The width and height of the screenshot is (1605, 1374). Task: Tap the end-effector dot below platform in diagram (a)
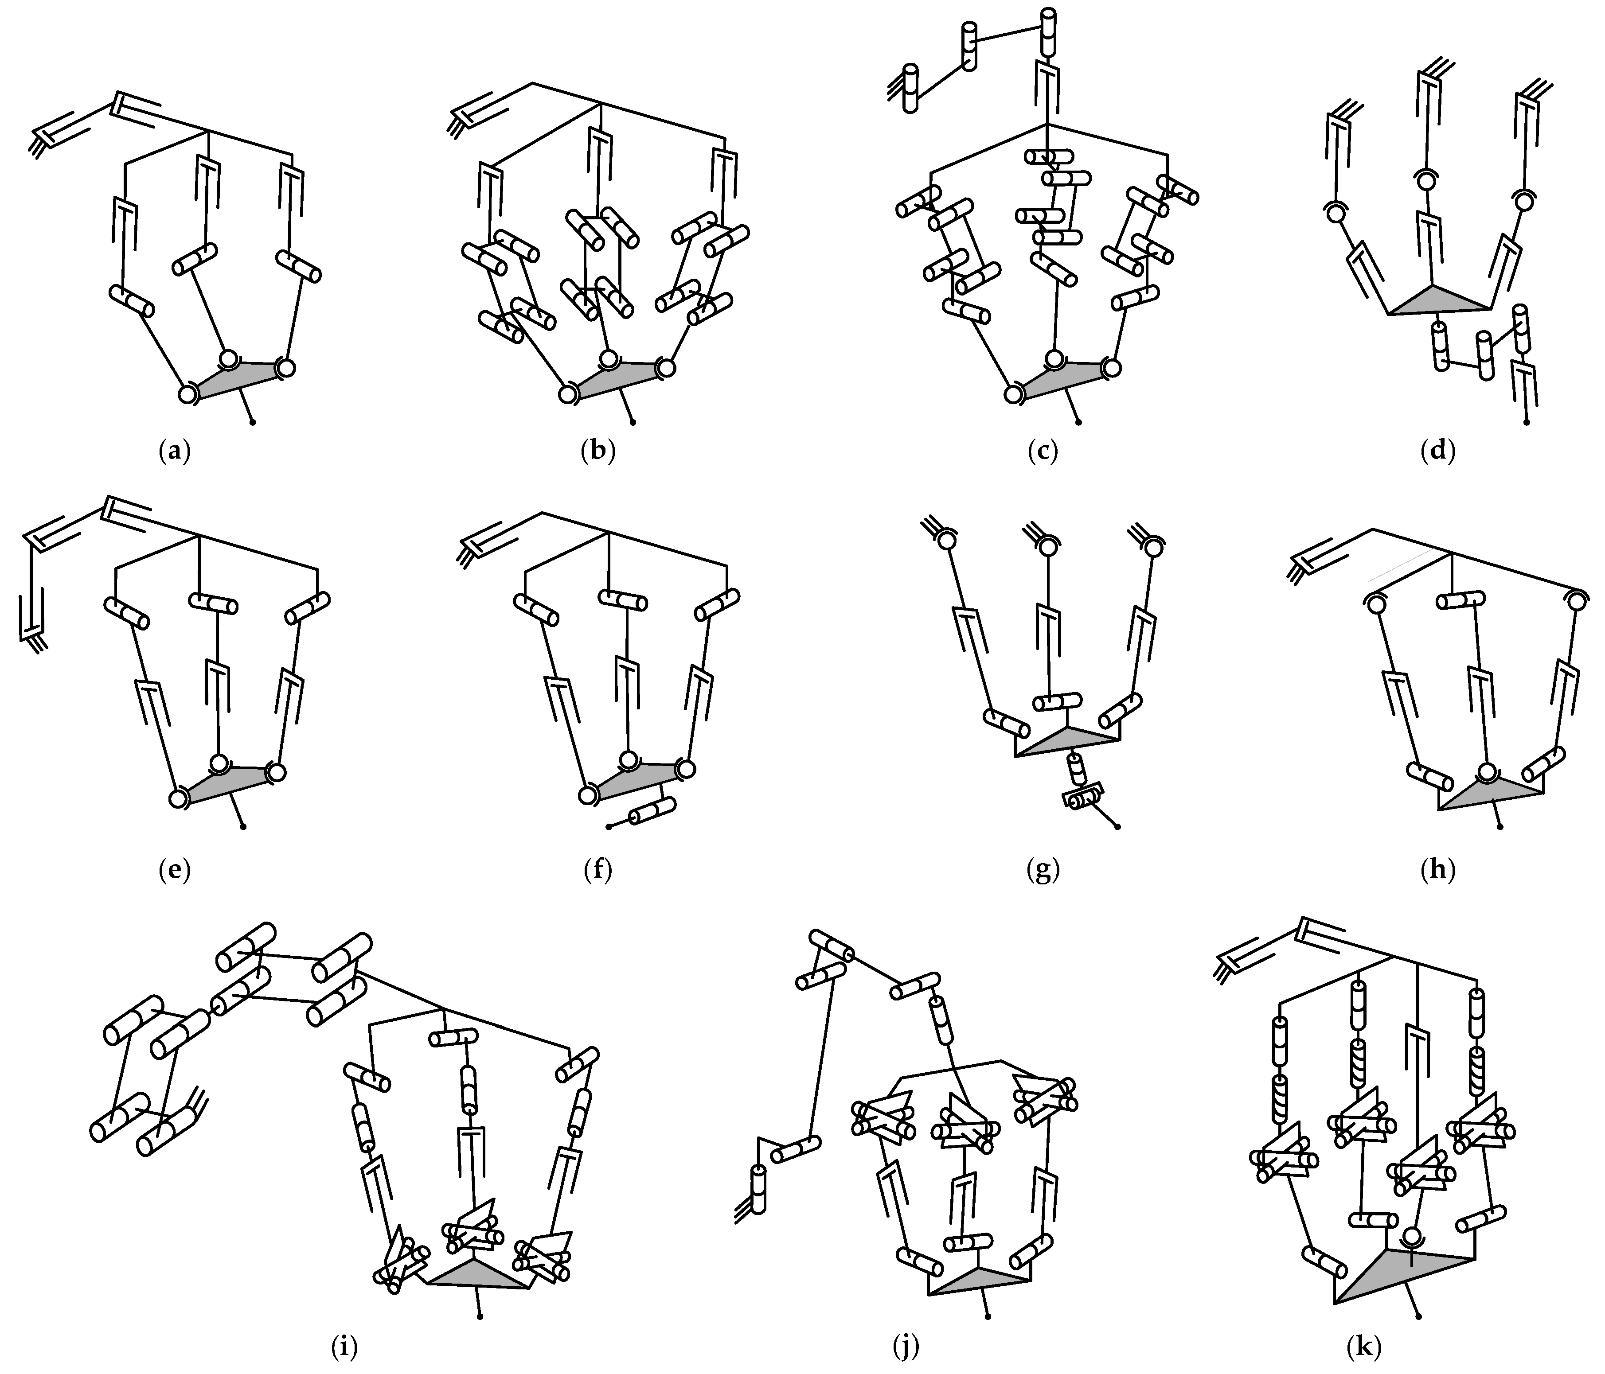pos(253,423)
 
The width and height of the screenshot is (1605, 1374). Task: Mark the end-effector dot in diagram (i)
pos(480,1316)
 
